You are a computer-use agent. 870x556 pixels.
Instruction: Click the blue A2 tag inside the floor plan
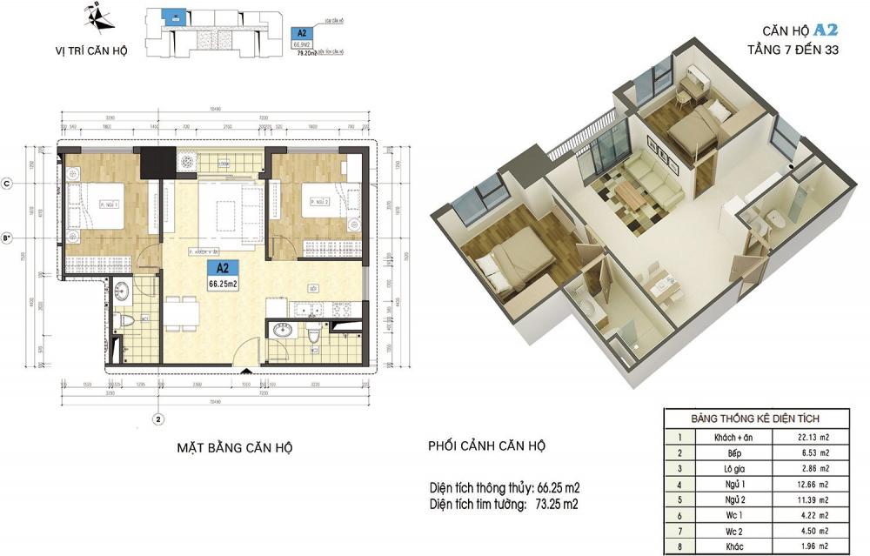tap(223, 268)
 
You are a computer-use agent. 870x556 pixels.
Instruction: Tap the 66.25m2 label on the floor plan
tap(223, 283)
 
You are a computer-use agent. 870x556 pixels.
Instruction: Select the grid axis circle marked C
tap(8, 184)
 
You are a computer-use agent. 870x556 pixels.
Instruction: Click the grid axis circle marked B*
tap(8, 236)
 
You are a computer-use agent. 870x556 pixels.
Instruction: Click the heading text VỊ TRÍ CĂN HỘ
tap(90, 51)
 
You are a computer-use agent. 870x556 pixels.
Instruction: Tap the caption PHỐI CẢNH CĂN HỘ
tap(486, 446)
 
